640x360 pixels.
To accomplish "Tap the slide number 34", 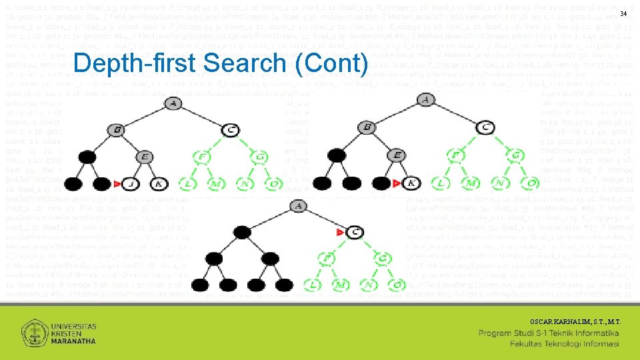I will point(623,14).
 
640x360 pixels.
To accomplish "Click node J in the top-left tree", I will point(131,183).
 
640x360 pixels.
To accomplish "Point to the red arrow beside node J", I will point(117,183).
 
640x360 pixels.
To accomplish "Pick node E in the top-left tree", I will point(144,157).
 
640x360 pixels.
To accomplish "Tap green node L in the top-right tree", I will point(441,183).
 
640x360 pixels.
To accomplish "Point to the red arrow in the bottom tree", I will point(341,232).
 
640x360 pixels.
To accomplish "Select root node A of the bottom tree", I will point(297,207).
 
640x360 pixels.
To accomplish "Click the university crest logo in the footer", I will point(35,332).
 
